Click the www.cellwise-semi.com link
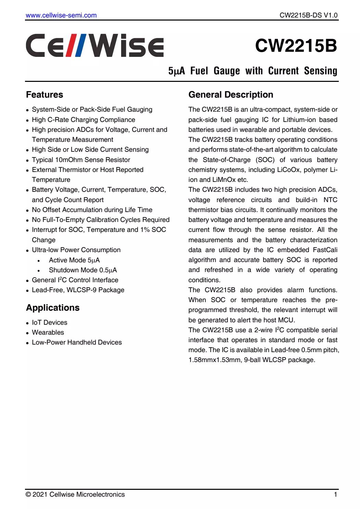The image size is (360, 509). click(61, 15)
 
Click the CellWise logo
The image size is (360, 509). click(95, 46)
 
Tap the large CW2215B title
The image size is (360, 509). click(296, 46)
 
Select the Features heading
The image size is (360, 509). click(44, 95)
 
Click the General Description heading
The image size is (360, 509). click(231, 95)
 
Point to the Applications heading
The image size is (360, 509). click(53, 308)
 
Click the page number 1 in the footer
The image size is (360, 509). click(335, 494)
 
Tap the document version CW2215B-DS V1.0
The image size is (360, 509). click(308, 15)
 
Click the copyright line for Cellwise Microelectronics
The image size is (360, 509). click(75, 494)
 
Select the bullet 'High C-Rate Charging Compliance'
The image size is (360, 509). click(83, 120)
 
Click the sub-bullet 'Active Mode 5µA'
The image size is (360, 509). click(74, 260)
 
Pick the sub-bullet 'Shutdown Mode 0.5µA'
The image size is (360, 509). click(83, 270)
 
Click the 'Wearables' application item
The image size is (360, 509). click(48, 332)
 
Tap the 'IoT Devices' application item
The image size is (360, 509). click(50, 322)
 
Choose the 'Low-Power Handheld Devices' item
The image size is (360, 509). click(77, 342)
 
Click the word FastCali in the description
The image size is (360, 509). click(325, 250)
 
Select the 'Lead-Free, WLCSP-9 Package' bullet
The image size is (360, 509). click(78, 290)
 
